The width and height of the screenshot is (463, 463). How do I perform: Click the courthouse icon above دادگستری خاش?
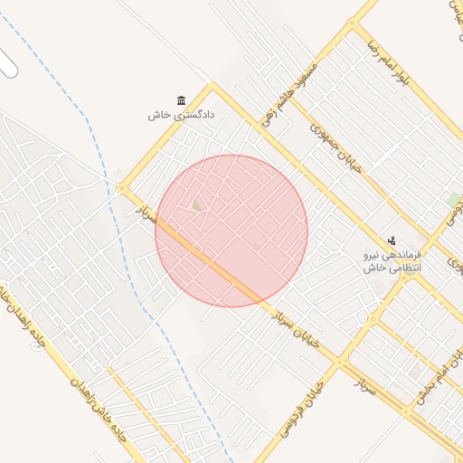181,99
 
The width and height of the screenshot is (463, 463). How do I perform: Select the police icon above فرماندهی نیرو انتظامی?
392,241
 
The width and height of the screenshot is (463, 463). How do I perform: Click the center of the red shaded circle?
231,231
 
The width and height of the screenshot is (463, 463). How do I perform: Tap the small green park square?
453,199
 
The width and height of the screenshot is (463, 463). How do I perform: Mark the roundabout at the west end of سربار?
122,188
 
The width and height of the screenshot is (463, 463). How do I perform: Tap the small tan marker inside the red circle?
196,206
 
